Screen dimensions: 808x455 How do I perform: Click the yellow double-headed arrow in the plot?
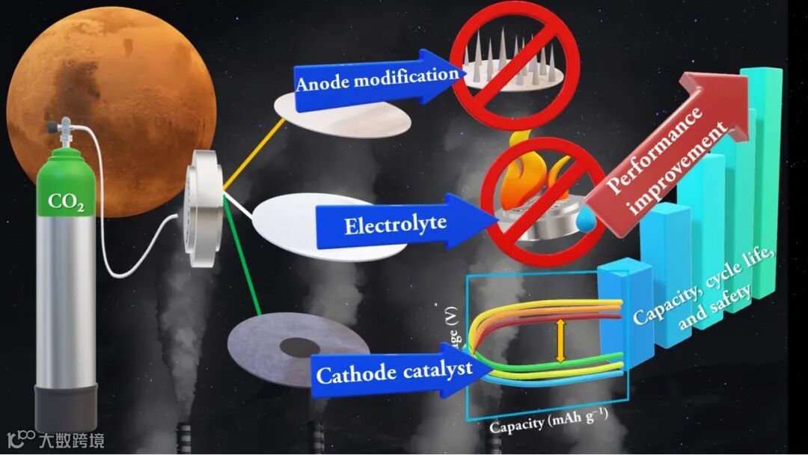(560, 341)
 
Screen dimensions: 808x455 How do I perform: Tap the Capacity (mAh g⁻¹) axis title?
(547, 424)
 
